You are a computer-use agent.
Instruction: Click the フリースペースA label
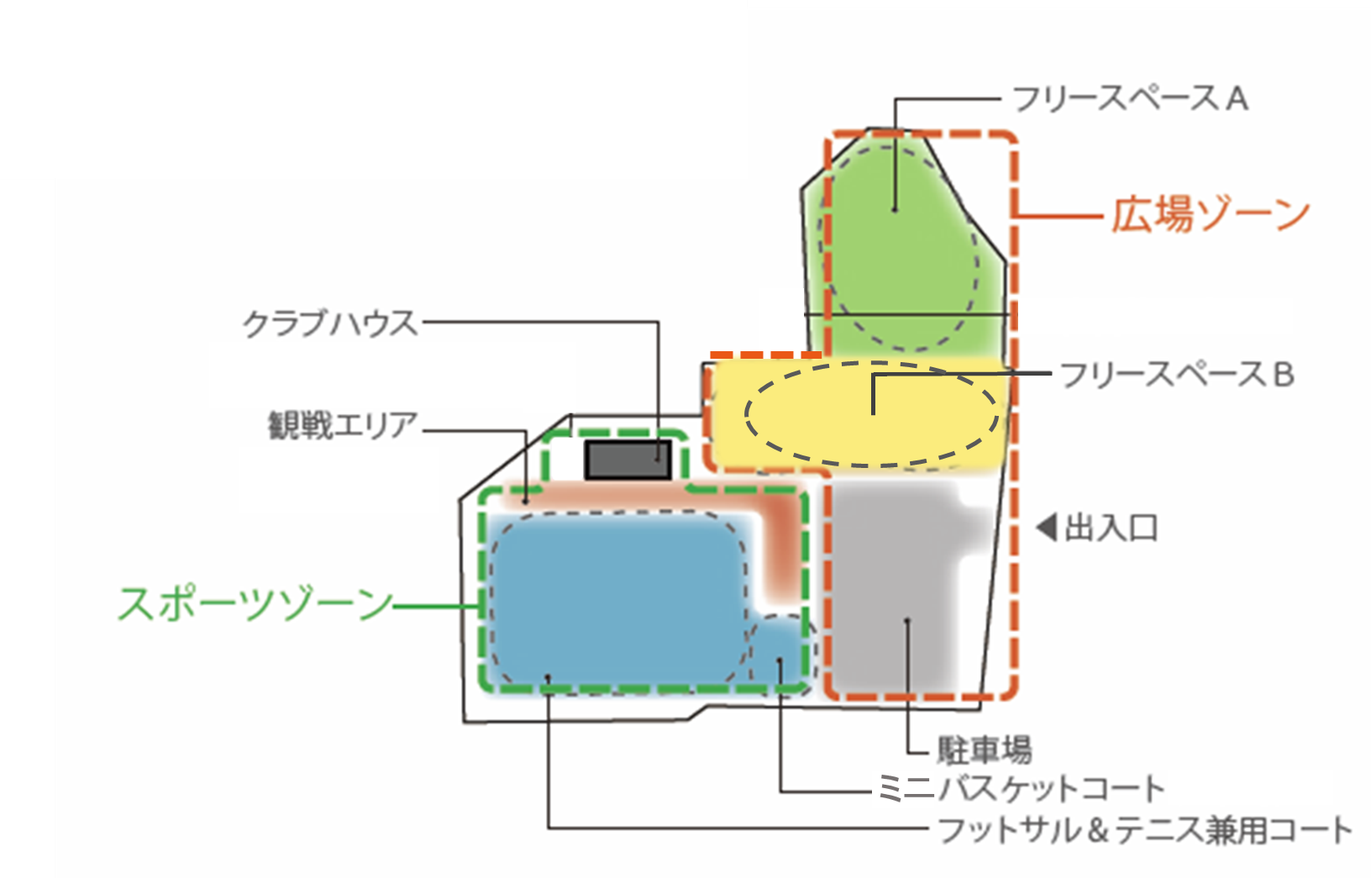click(1131, 99)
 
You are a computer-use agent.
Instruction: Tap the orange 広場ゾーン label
click(1210, 215)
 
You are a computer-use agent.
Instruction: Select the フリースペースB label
click(1177, 375)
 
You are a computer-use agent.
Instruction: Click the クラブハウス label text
click(330, 323)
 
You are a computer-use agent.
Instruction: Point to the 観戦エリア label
click(344, 425)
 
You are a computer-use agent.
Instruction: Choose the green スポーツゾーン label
click(255, 604)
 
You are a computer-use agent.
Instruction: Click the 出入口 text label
click(1111, 528)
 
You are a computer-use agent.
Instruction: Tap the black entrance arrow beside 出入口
click(1047, 528)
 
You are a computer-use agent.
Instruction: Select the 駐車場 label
click(985, 750)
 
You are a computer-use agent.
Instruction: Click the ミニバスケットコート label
click(1021, 789)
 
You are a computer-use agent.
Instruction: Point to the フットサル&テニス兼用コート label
click(1145, 830)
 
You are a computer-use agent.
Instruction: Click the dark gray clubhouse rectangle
click(628, 460)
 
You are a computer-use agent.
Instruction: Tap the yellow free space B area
click(857, 417)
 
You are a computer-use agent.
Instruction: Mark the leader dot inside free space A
click(895, 210)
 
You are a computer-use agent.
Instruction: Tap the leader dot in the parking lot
click(907, 621)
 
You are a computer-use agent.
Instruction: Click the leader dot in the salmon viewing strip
click(525, 502)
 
